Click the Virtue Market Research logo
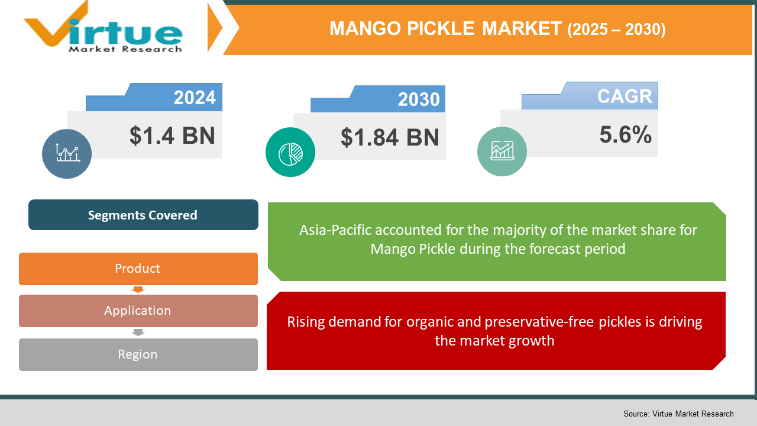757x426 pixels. pos(103,28)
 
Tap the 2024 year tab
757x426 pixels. pos(195,98)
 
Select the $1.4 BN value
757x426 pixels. pos(172,135)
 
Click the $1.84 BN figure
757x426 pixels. pos(390,137)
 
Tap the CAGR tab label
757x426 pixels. pos(624,96)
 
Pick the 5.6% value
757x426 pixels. pos(625,135)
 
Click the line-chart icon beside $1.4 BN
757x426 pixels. pos(67,154)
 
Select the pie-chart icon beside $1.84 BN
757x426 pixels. pos(290,152)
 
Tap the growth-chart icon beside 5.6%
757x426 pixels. pos(502,151)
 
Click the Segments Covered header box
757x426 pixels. pos(143,215)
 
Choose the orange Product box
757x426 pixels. pos(138,269)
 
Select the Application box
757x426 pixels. pos(138,311)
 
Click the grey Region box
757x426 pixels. pos(138,354)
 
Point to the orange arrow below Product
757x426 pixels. pos(138,289)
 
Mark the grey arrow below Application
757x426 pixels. pos(138,333)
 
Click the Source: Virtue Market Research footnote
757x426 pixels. pos(678,414)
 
